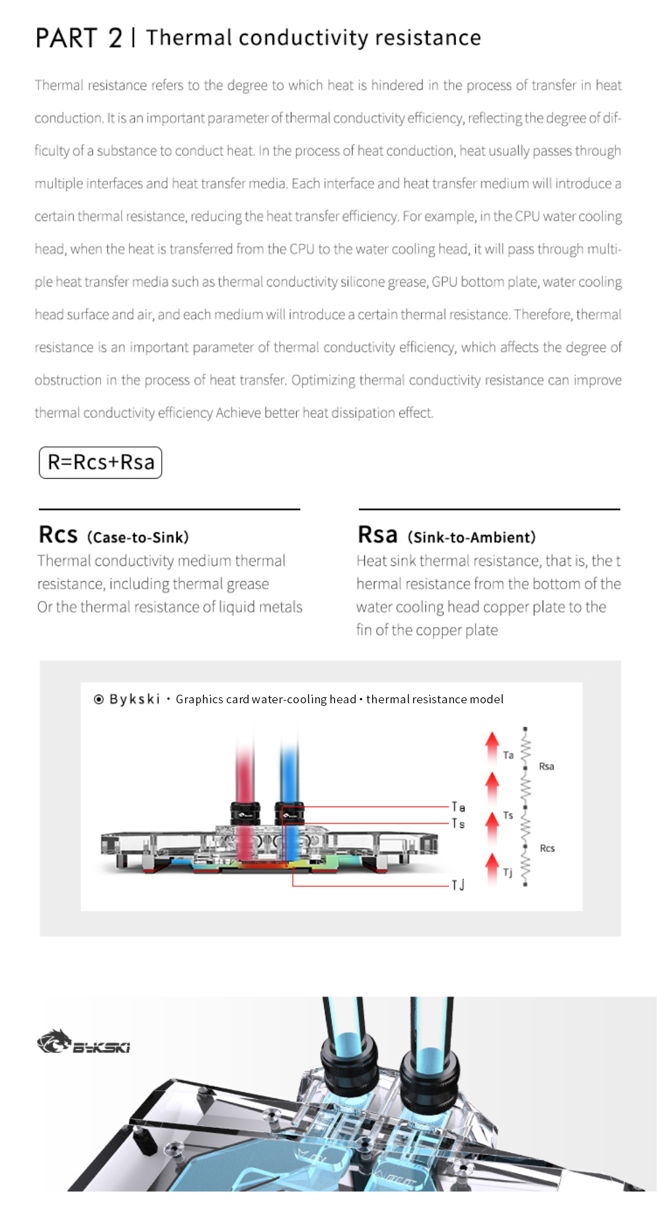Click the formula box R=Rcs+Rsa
point(100,462)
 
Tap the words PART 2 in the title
point(79,38)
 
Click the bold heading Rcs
point(58,535)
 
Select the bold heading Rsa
point(377,535)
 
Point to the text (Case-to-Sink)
point(137,538)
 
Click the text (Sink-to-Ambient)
point(471,538)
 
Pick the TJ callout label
point(458,885)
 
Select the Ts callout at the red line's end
point(458,823)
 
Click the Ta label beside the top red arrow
point(508,755)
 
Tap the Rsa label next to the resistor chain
point(547,767)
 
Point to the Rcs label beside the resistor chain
point(547,849)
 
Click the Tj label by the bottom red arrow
point(508,873)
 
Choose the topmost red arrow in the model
point(492,746)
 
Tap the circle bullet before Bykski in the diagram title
point(98,699)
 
